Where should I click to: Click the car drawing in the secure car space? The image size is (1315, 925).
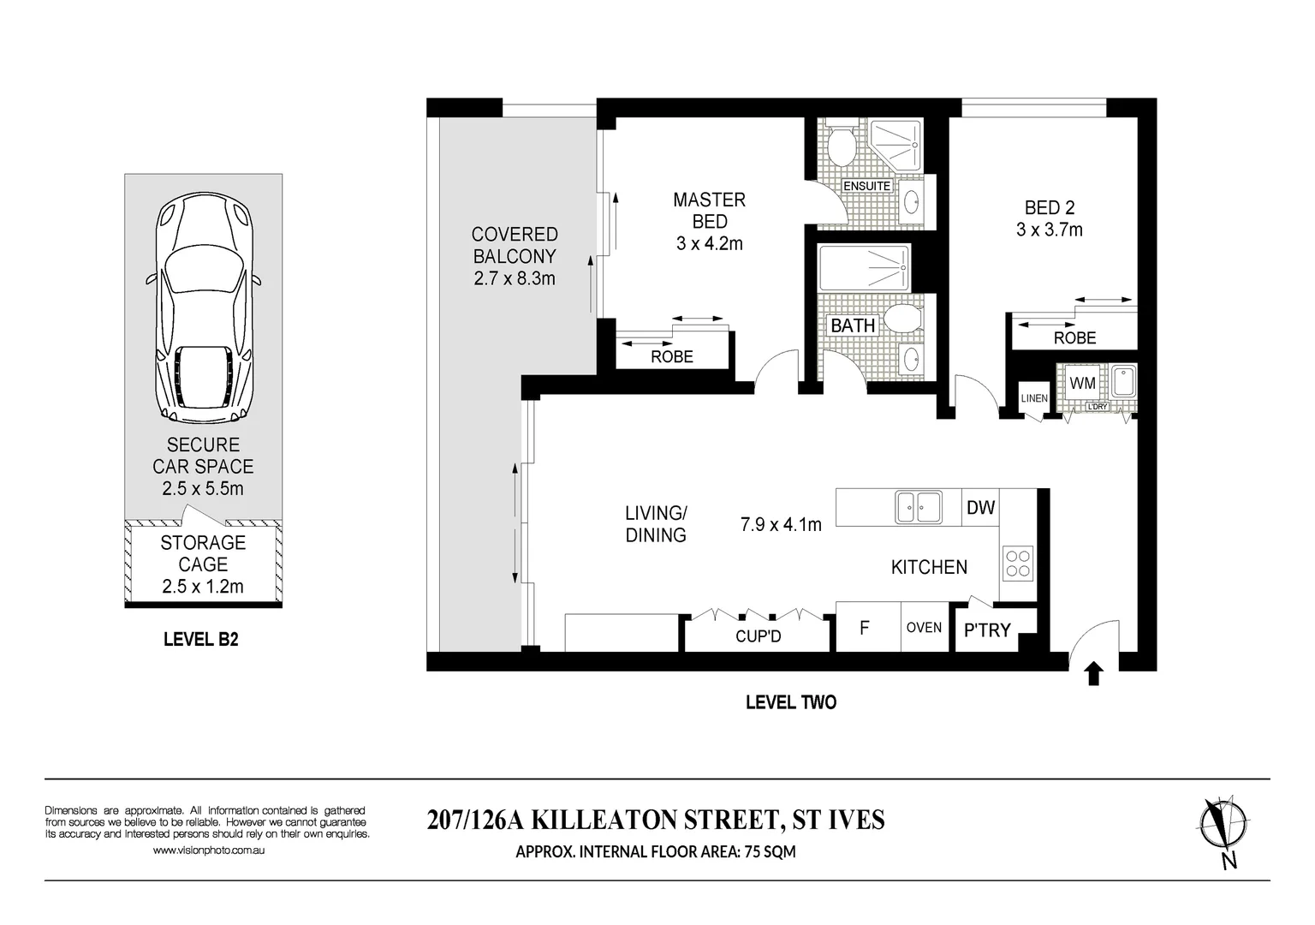[x=203, y=308]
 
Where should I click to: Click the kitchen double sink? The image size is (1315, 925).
[x=918, y=507]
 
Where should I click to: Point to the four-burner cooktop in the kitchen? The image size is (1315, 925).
[x=1018, y=564]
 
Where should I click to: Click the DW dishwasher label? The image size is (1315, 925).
[x=980, y=508]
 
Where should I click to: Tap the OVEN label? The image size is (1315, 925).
[x=924, y=628]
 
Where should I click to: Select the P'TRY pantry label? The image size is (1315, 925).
[x=987, y=631]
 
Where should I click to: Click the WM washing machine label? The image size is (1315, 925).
[x=1082, y=384]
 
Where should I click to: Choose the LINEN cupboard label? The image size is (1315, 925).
[x=1033, y=398]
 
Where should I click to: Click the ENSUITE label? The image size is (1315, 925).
[x=867, y=186]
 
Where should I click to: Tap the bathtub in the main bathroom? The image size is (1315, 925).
[x=864, y=267]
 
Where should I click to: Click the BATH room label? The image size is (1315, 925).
[x=853, y=325]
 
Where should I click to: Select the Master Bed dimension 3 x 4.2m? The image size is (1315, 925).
[x=709, y=244]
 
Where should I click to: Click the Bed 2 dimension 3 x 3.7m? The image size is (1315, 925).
[x=1049, y=230]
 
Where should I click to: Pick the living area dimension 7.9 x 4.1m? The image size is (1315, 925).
[x=780, y=524]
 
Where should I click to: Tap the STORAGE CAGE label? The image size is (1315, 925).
[x=203, y=553]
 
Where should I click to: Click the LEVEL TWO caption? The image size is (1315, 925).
[x=790, y=702]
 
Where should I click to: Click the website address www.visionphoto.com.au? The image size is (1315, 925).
[x=208, y=850]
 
